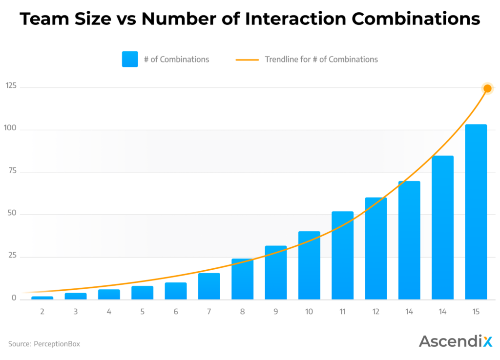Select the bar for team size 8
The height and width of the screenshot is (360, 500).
point(242,279)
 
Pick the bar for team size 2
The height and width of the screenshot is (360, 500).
point(42,298)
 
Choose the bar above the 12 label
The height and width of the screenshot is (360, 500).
point(375,248)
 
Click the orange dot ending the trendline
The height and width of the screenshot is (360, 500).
point(487,88)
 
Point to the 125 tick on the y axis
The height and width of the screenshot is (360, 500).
point(11,86)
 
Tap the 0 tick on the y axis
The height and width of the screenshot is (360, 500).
point(14,299)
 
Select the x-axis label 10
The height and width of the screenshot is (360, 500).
point(309,311)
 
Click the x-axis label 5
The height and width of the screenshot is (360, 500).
point(142,311)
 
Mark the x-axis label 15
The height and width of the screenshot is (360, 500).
point(476,311)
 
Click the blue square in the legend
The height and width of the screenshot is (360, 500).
point(130,59)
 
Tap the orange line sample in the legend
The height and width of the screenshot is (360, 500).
point(247,60)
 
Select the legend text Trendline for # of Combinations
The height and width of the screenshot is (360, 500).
point(321,60)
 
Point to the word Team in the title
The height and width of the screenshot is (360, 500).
point(42,19)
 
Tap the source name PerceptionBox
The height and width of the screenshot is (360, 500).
point(57,344)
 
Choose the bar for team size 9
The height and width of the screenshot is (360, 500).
point(275,272)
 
